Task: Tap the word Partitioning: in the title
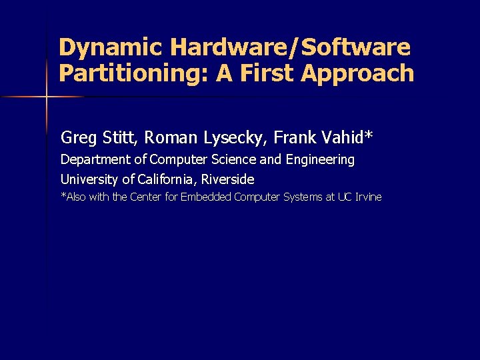point(134,73)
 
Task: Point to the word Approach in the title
point(358,73)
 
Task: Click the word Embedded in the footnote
point(206,197)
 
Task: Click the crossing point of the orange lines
point(47,97)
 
